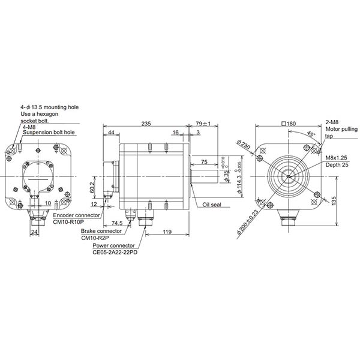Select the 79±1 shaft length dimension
(202, 123)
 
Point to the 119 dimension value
(168, 230)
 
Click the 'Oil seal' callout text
(212, 204)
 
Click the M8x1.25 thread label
(338, 157)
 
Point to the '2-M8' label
(332, 122)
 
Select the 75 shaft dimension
(204, 162)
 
